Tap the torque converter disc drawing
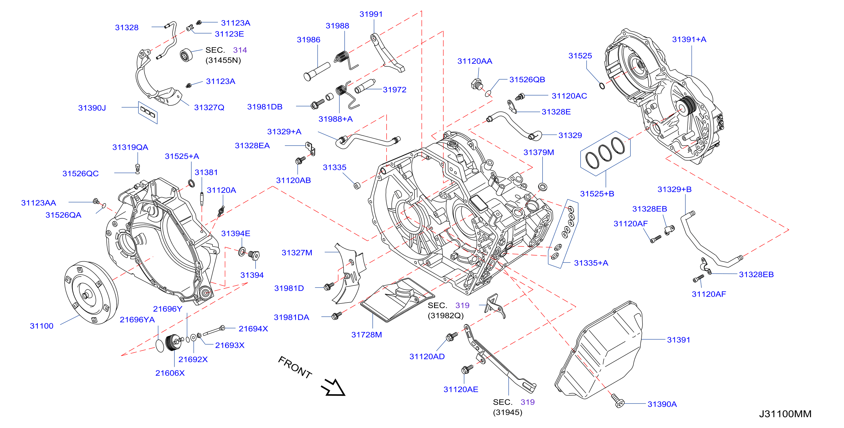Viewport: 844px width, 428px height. [x=91, y=292]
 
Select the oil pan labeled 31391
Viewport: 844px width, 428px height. [x=599, y=350]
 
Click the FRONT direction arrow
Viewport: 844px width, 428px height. [x=334, y=387]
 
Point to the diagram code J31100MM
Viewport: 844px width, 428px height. [x=785, y=414]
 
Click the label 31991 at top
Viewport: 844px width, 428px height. [x=371, y=14]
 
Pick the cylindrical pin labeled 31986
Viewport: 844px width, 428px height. [x=316, y=72]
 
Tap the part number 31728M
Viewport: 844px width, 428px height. [x=367, y=335]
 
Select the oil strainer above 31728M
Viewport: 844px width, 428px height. [x=397, y=300]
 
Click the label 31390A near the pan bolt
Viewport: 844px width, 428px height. [x=662, y=404]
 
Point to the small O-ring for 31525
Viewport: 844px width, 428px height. [x=602, y=86]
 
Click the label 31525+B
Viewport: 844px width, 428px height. [x=597, y=194]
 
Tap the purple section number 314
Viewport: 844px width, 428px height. [x=240, y=50]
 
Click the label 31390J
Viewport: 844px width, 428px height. [x=92, y=108]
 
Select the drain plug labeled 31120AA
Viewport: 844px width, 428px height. [x=477, y=84]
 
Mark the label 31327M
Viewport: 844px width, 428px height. [x=297, y=253]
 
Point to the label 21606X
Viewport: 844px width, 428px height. [x=170, y=373]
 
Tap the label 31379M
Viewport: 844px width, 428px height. [x=539, y=152]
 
